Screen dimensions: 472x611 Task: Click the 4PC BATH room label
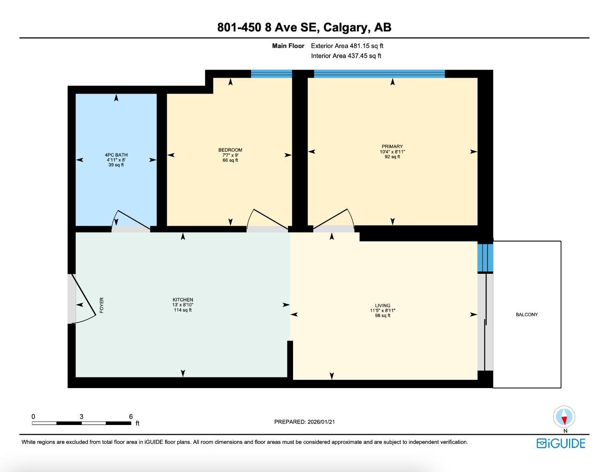pos(116,155)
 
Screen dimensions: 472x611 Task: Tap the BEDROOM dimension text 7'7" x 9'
pos(230,155)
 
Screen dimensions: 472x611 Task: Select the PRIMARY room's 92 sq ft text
pos(392,157)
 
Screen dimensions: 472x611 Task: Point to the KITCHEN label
pos(182,300)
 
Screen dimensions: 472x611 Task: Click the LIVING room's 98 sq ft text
pos(382,316)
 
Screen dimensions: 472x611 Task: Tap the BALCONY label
pos(527,314)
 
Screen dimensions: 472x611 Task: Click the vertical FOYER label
pos(102,306)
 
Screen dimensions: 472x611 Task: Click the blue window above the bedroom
pos(271,74)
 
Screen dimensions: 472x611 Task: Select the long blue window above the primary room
pos(379,74)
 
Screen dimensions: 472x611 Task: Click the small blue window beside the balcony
pos(485,257)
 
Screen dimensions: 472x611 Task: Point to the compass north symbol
pos(564,418)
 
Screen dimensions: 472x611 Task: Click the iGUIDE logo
pos(561,443)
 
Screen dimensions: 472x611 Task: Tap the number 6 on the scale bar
pos(131,416)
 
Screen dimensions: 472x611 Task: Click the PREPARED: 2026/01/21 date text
pos(308,422)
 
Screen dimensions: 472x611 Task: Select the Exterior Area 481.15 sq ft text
pos(347,46)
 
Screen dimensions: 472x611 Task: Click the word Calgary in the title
pos(346,27)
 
